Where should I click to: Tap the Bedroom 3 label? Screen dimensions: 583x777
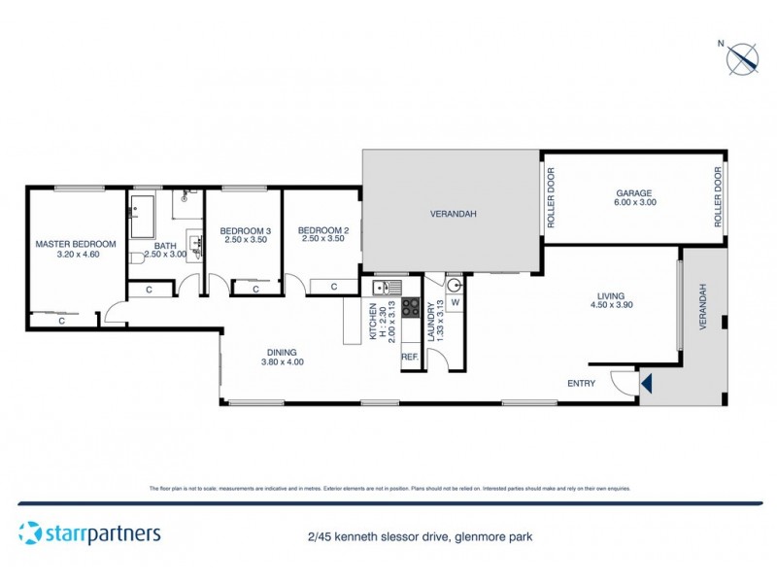(x=245, y=233)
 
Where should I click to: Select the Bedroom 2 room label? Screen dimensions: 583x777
(x=322, y=233)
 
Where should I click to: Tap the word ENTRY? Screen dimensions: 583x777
(x=581, y=383)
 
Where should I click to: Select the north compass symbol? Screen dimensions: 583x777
(x=742, y=57)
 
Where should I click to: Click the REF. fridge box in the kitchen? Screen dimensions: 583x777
(x=410, y=358)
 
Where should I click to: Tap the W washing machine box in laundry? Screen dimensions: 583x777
(x=455, y=301)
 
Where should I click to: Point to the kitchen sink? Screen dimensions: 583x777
(x=382, y=288)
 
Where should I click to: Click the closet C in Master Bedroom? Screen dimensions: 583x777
(x=61, y=320)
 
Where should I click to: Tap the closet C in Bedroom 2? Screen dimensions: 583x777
(x=333, y=287)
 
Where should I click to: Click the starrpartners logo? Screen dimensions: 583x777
(x=89, y=532)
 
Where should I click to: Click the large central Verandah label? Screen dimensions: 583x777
(x=451, y=214)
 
